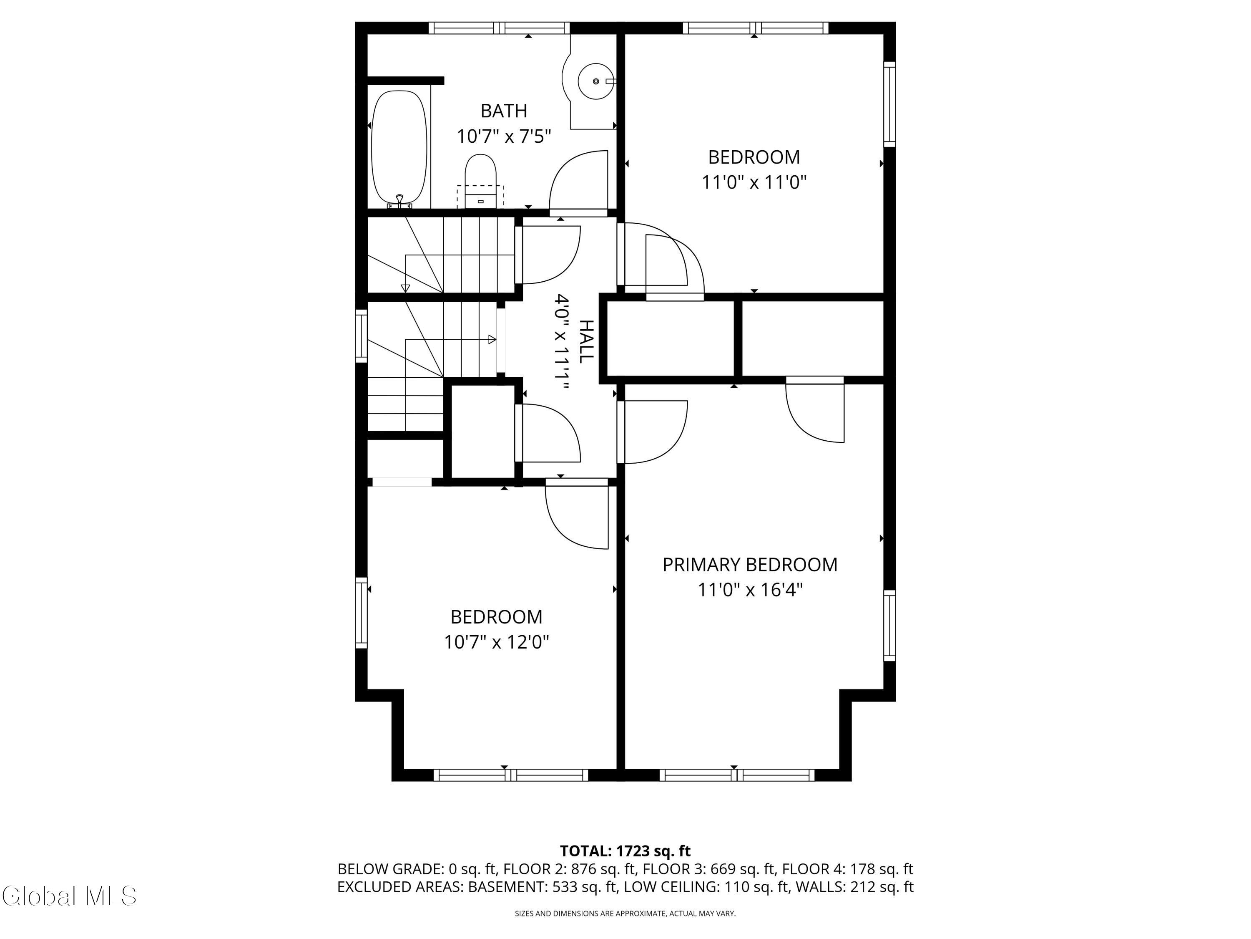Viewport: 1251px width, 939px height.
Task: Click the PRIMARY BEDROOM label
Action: point(750,564)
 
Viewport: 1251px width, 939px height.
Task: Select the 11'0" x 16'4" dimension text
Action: point(750,590)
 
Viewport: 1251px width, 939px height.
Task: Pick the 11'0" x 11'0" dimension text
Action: point(754,182)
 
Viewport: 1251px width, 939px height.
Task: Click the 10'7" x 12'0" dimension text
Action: point(497,642)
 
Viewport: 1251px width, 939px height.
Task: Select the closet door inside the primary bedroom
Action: point(815,409)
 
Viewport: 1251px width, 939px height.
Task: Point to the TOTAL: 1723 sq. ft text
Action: point(625,851)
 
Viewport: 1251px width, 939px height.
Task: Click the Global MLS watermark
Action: point(69,896)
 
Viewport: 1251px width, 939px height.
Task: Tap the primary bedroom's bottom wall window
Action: point(737,775)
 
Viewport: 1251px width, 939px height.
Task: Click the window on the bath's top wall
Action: point(499,28)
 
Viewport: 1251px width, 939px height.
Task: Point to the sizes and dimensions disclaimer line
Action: point(625,914)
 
